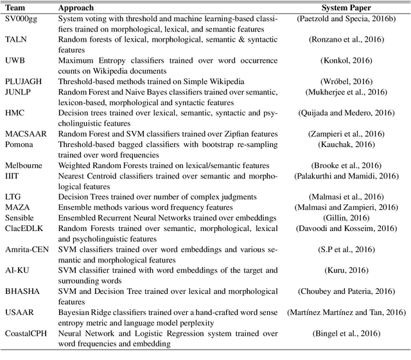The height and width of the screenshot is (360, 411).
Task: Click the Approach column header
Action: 76,8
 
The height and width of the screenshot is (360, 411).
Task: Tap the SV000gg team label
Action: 21,19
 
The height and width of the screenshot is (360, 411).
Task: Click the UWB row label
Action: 15,60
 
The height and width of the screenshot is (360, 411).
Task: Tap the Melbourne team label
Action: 23,165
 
